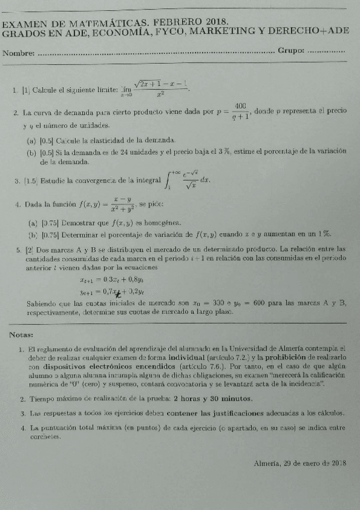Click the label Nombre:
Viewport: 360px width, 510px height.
pyautogui.click(x=19, y=54)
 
